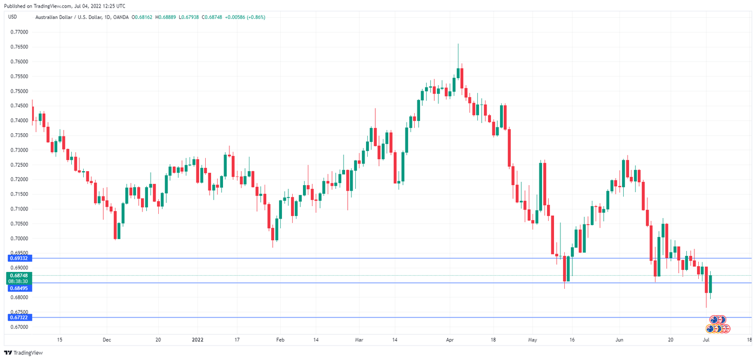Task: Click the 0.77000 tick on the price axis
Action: pos(19,32)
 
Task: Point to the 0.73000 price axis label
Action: pos(19,150)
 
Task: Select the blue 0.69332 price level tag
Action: pos(19,259)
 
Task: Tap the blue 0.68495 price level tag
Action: pos(19,288)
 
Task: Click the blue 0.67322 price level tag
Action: pos(19,317)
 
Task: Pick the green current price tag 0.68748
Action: pos(19,275)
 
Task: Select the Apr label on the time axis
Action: pos(450,339)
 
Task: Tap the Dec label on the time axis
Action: pos(106,339)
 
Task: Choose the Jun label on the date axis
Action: pos(619,339)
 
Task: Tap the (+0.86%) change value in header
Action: pos(255,17)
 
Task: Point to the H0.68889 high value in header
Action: pos(167,17)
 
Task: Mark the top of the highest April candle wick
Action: pos(458,44)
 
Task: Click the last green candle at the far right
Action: pos(711,284)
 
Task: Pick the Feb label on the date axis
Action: pos(280,339)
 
